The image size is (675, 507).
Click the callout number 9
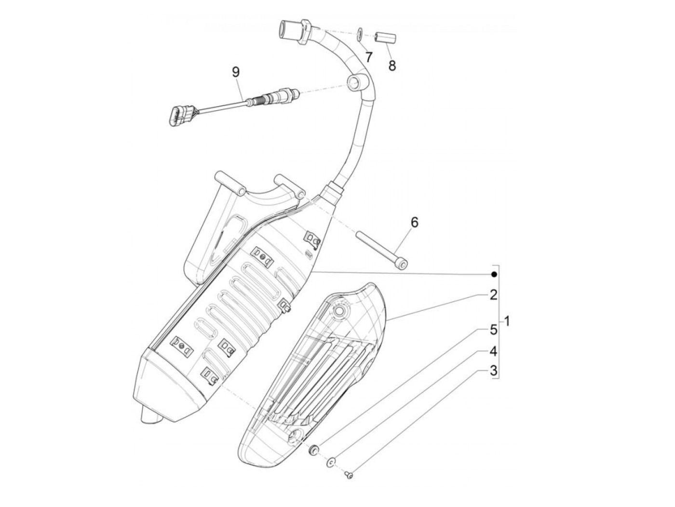pos(235,72)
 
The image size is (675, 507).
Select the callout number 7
pos(368,57)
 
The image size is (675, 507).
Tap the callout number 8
pos(391,65)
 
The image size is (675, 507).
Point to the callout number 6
pos(414,209)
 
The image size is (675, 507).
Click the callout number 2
pos(493,295)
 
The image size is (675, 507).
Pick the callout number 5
pos(493,330)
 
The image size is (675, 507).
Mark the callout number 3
pos(493,371)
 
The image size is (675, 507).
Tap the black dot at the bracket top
pos(493,274)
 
